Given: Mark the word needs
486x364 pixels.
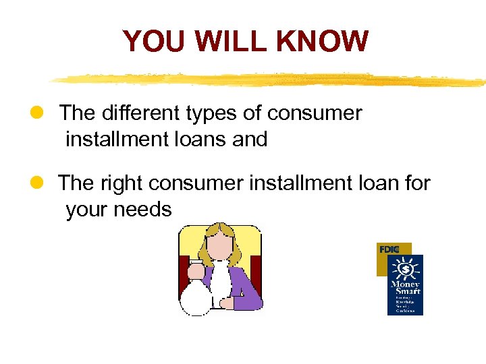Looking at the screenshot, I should [x=142, y=210].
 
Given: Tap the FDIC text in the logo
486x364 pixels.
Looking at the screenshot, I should [x=389, y=249].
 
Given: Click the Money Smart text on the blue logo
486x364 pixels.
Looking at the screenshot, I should [x=406, y=287].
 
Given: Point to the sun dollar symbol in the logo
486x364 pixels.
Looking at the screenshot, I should [x=406, y=270].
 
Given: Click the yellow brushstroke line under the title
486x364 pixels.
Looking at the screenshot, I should [x=270, y=80].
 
